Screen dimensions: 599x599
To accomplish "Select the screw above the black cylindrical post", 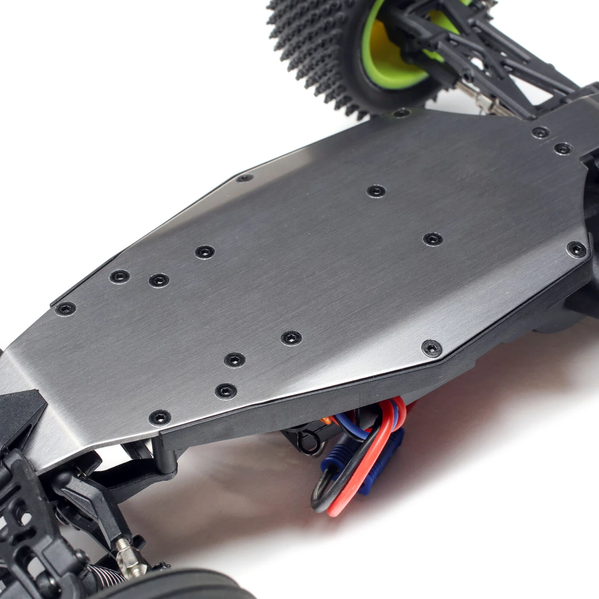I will pyautogui.click(x=160, y=418).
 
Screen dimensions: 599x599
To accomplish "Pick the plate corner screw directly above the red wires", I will pyautogui.click(x=432, y=348).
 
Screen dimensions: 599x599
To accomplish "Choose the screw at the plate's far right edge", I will pyautogui.click(x=577, y=250).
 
